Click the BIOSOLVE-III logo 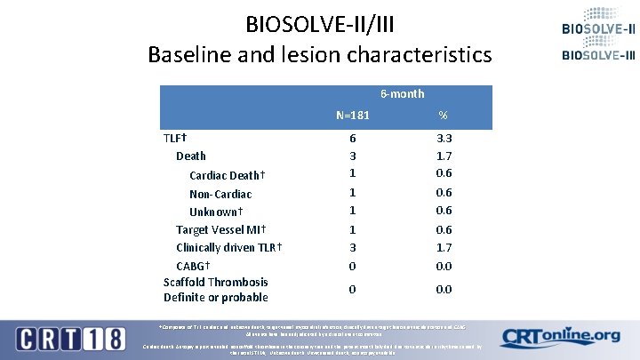click(597, 55)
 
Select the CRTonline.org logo click(560, 337)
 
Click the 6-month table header click(402, 93)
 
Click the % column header click(444, 116)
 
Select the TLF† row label click(174, 138)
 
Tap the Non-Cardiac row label click(220, 194)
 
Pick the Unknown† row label click(216, 212)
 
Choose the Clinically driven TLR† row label click(229, 247)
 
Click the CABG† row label click(193, 265)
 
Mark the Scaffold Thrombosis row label click(215, 282)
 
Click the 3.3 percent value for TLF click(444, 138)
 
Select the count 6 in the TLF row click(353, 138)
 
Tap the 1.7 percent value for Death click(444, 155)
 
